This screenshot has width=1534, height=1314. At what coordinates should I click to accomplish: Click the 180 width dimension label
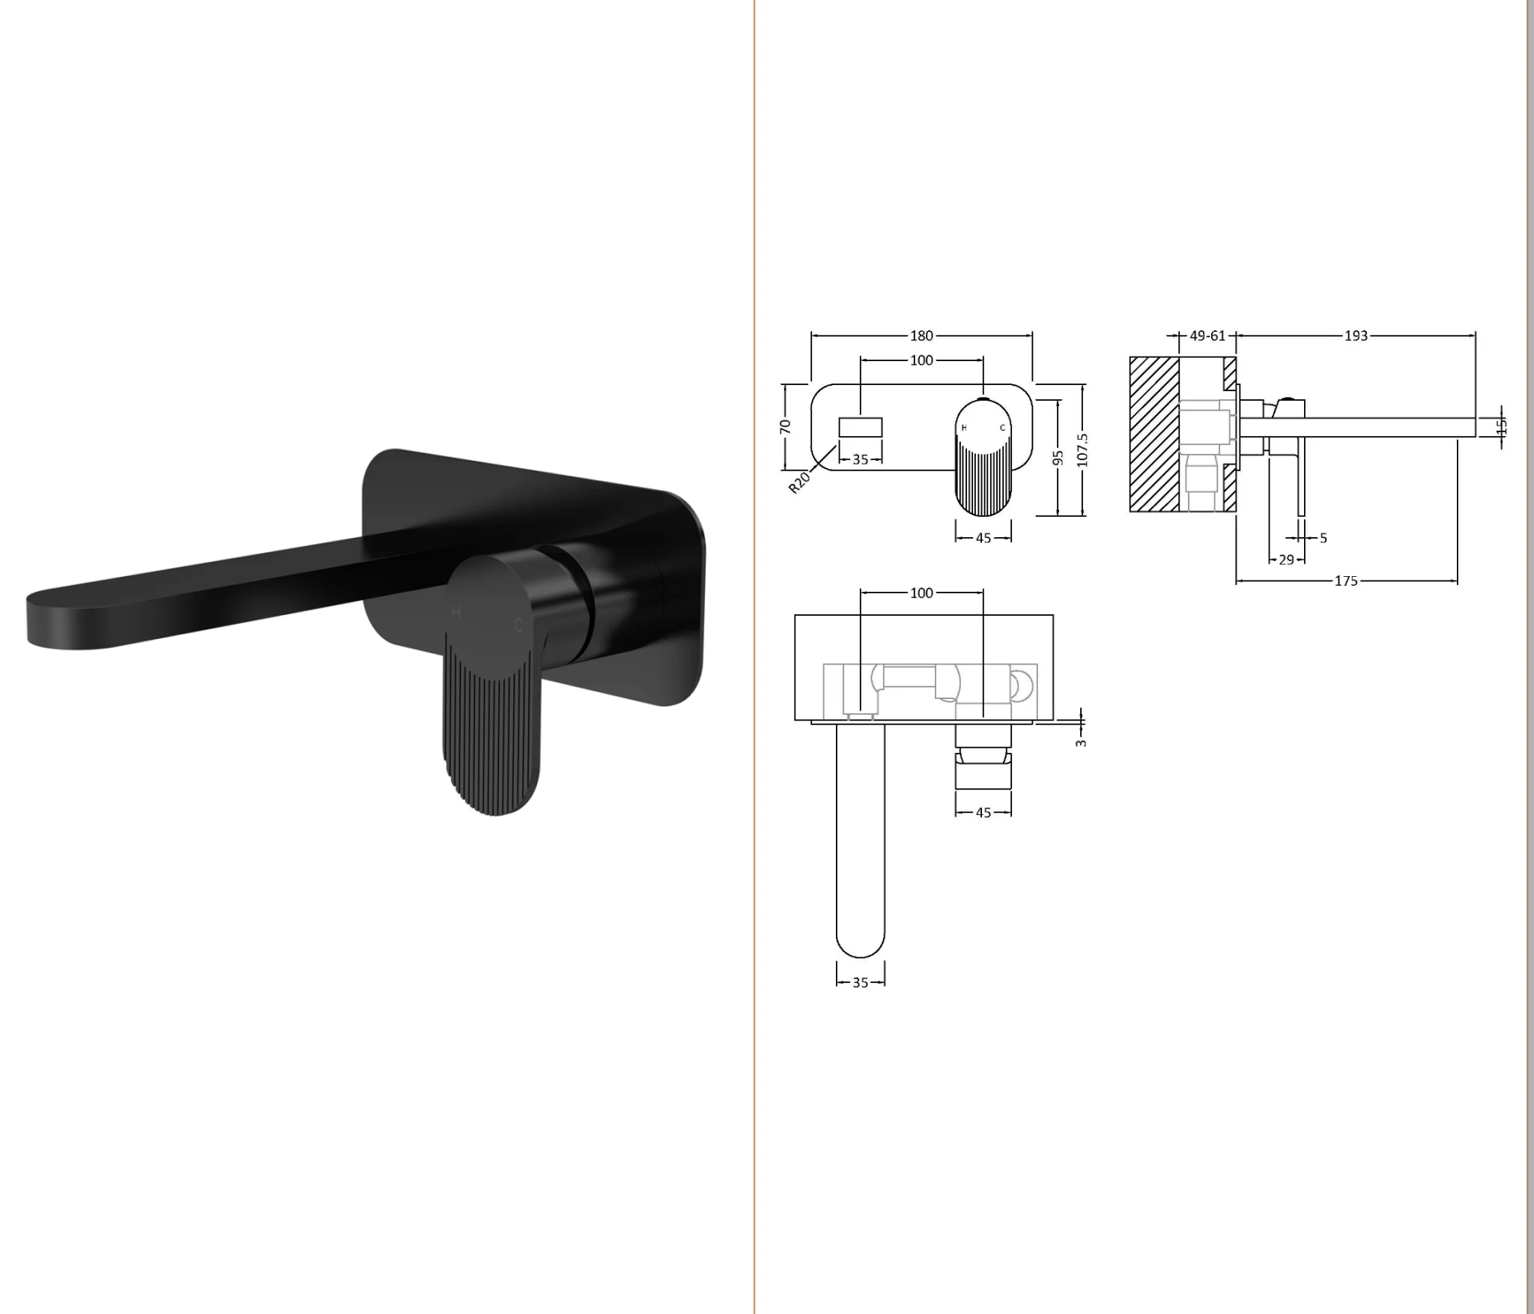pos(921,336)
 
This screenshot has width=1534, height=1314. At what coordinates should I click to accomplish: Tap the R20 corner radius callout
pos(799,482)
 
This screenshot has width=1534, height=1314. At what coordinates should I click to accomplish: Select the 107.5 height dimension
pos(1082,449)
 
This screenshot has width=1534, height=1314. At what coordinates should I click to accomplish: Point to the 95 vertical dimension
pos(1058,457)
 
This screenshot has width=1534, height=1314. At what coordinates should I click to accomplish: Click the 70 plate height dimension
pos(785,426)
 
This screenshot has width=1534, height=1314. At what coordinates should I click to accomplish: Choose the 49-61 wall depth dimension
pos(1207,336)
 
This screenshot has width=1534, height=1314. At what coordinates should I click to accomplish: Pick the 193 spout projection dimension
pos(1356,336)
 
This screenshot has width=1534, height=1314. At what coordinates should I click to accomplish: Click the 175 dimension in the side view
pos(1346,581)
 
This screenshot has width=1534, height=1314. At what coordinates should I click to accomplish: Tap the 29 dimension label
pos(1286,560)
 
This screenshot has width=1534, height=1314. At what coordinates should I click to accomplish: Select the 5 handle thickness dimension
pos(1324,538)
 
